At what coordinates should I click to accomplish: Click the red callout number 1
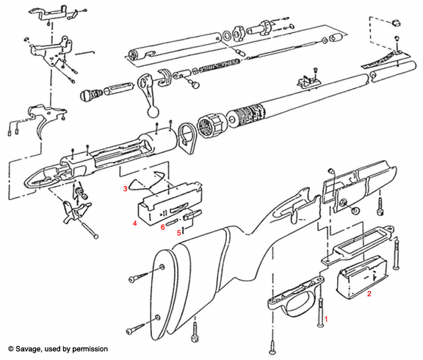coord(326,320)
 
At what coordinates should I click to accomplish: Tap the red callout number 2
coord(369,293)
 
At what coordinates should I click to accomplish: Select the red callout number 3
coord(125,188)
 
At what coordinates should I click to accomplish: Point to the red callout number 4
coord(134,223)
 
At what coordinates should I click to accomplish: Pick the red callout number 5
coord(179,233)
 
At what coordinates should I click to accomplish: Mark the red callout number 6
coord(162,227)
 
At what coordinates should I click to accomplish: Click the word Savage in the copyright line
coord(28,349)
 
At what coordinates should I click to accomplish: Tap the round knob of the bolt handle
coord(153,112)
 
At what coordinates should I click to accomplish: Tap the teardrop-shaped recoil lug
coord(186,138)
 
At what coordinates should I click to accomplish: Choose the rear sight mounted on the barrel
coord(308,80)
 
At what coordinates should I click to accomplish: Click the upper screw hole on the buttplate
coord(162,267)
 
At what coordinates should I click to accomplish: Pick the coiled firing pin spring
coord(220,66)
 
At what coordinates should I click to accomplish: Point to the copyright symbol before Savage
coord(11,349)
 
